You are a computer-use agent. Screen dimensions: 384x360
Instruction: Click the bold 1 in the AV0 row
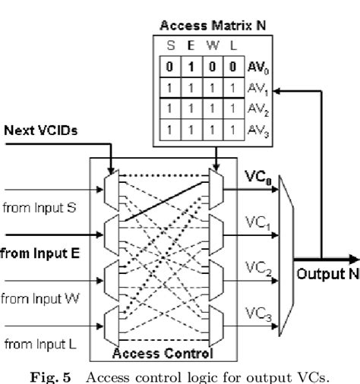192,66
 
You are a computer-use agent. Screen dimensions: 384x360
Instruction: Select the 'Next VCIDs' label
35,130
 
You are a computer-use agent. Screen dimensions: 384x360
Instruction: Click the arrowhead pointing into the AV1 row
274,90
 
